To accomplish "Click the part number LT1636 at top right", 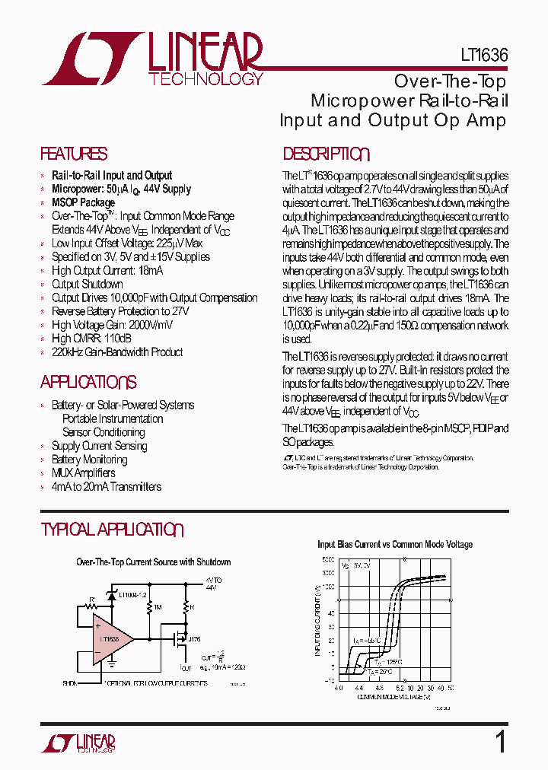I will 483,56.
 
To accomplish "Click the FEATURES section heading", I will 74,154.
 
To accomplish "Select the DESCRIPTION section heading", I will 326,154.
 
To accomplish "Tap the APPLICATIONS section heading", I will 88,382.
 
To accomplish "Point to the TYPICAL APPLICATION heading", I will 112,530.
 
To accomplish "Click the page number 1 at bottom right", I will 500,742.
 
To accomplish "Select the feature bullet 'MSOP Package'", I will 83,202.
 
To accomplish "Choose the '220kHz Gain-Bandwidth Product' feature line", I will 117,352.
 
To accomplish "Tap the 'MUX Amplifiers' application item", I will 84,473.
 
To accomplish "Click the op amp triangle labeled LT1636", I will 111,638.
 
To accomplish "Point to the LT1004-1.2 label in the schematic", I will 133,593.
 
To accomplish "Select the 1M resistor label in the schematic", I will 158,607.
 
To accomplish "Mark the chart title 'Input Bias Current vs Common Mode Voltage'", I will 394,545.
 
